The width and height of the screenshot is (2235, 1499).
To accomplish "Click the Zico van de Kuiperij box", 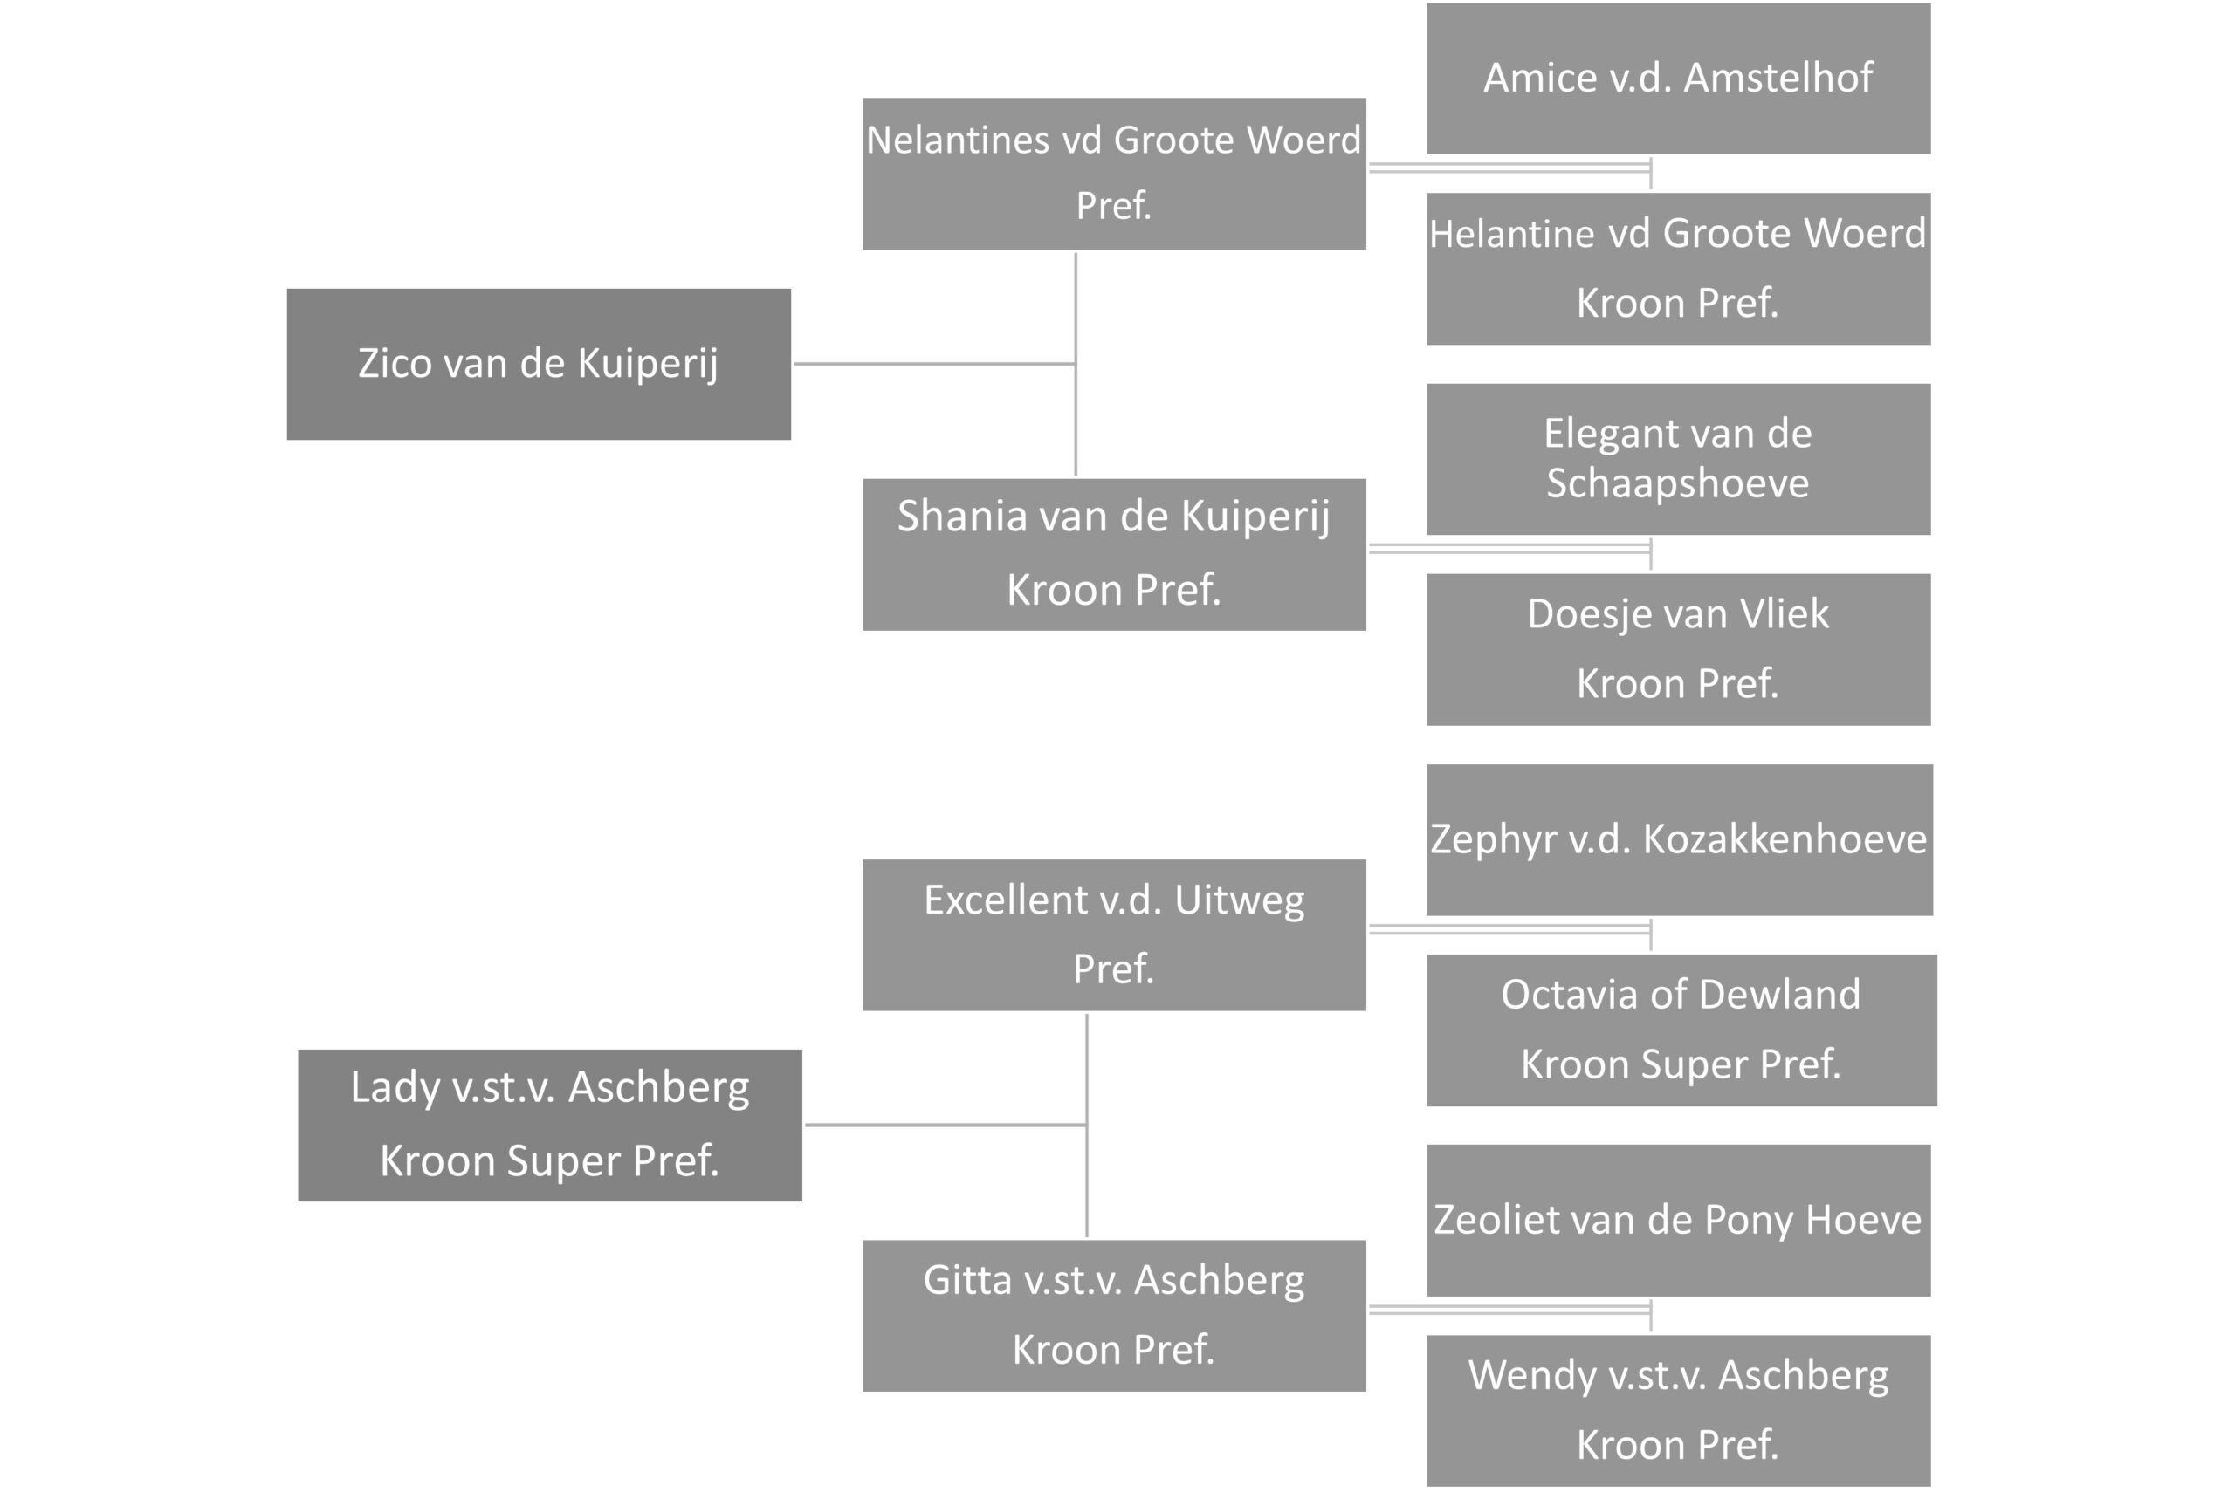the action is coord(539,364).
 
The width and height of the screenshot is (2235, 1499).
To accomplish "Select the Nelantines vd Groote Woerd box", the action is coord(1114,174).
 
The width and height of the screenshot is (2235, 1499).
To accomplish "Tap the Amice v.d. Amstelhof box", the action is coord(1678,79).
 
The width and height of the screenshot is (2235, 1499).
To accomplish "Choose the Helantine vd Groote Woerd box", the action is coord(1678,269).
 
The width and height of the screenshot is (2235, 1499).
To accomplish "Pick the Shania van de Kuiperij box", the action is coord(1114,554).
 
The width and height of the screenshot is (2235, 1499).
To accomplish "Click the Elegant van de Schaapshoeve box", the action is coord(1678,459).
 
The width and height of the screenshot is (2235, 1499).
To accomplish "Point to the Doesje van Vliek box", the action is coord(1678,649).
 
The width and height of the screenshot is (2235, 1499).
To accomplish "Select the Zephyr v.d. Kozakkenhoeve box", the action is coord(1680,839).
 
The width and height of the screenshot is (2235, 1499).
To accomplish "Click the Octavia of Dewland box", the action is coord(1681,1030).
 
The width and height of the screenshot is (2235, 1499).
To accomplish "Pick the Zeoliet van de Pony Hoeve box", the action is coord(1678,1220).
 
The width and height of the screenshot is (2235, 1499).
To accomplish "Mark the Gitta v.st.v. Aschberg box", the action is coord(1114,1316).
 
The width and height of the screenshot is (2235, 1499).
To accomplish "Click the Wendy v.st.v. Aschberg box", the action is coord(1678,1410).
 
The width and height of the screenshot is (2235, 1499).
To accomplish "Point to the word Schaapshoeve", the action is coord(1677,483).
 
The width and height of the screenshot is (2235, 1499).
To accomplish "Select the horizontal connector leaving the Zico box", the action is coord(934,363).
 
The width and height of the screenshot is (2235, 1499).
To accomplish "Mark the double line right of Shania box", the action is coord(1510,549).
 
